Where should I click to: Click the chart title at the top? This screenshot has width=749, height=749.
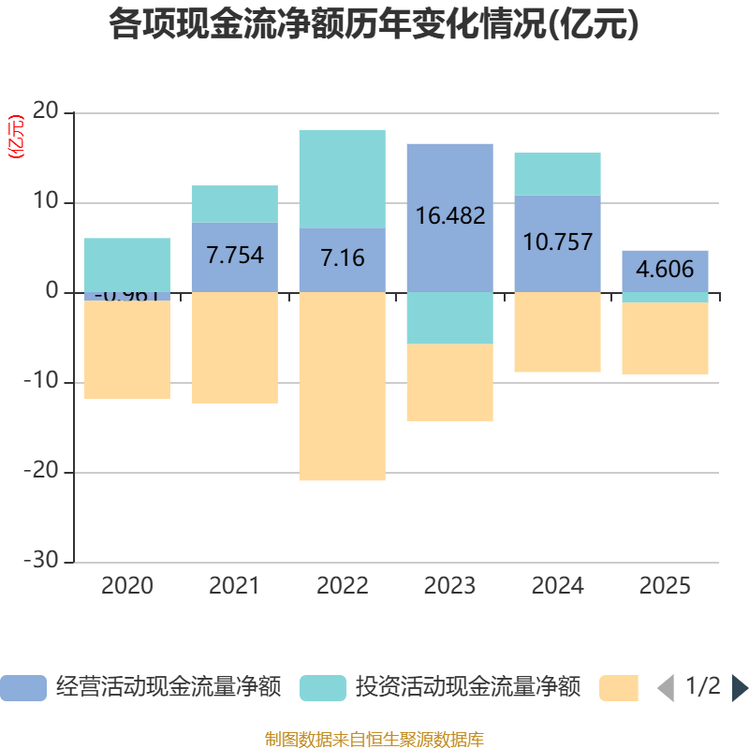(x=374, y=25)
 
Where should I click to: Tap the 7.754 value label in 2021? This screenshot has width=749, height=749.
(x=234, y=256)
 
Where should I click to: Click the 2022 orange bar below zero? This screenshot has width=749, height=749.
(x=342, y=386)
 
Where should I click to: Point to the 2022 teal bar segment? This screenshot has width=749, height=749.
(x=342, y=178)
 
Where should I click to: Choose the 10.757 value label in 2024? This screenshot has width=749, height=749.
(x=557, y=242)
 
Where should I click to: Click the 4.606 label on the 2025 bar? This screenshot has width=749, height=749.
(x=665, y=271)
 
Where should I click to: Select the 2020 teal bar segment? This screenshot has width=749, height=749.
(x=127, y=264)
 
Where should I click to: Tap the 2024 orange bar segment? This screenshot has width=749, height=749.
(x=557, y=332)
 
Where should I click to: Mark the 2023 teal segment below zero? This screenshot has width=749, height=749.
(x=449, y=318)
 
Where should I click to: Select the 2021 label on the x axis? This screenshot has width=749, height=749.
(x=234, y=587)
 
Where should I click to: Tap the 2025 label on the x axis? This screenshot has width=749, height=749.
(x=665, y=587)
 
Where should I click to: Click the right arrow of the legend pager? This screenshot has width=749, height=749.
(x=740, y=688)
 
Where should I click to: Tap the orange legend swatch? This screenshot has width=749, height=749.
(x=618, y=688)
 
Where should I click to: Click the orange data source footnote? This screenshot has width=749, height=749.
(x=374, y=740)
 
